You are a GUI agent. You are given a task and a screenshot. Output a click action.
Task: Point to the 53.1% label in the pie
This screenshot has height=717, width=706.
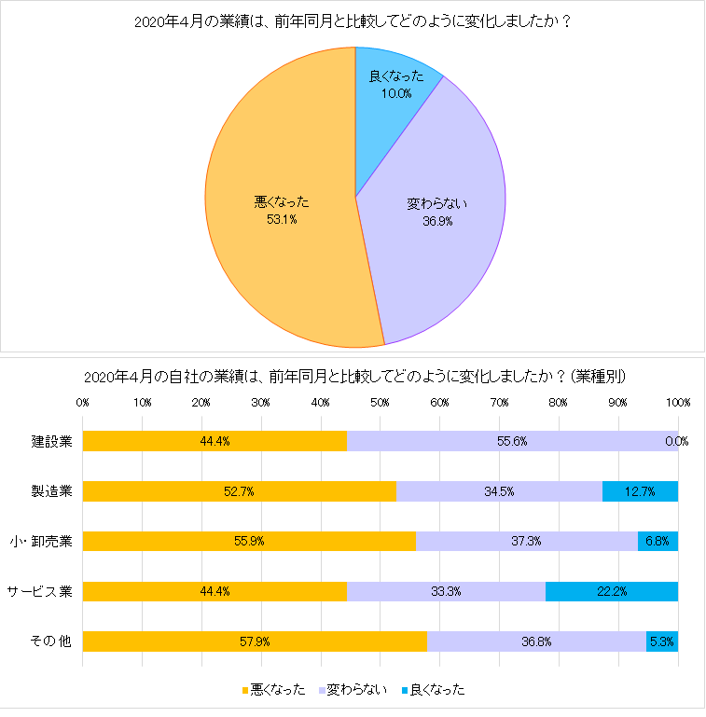pyautogui.click(x=282, y=220)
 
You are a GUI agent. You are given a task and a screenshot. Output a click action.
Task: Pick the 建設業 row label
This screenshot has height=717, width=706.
pyautogui.click(x=51, y=441)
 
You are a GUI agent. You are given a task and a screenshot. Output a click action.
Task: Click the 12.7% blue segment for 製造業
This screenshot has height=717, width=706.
pyautogui.click(x=640, y=490)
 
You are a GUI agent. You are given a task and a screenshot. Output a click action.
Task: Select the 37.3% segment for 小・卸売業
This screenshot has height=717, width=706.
pyautogui.click(x=526, y=541)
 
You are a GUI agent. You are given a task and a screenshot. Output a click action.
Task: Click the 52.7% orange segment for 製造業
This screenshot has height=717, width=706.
pyautogui.click(x=239, y=490)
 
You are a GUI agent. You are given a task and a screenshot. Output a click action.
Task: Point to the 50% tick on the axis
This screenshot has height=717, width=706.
pyautogui.click(x=380, y=403)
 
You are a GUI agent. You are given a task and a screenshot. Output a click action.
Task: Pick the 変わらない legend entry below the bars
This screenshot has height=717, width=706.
pyautogui.click(x=352, y=690)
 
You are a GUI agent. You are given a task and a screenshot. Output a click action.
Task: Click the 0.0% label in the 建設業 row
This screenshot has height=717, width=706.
pyautogui.click(x=676, y=441)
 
